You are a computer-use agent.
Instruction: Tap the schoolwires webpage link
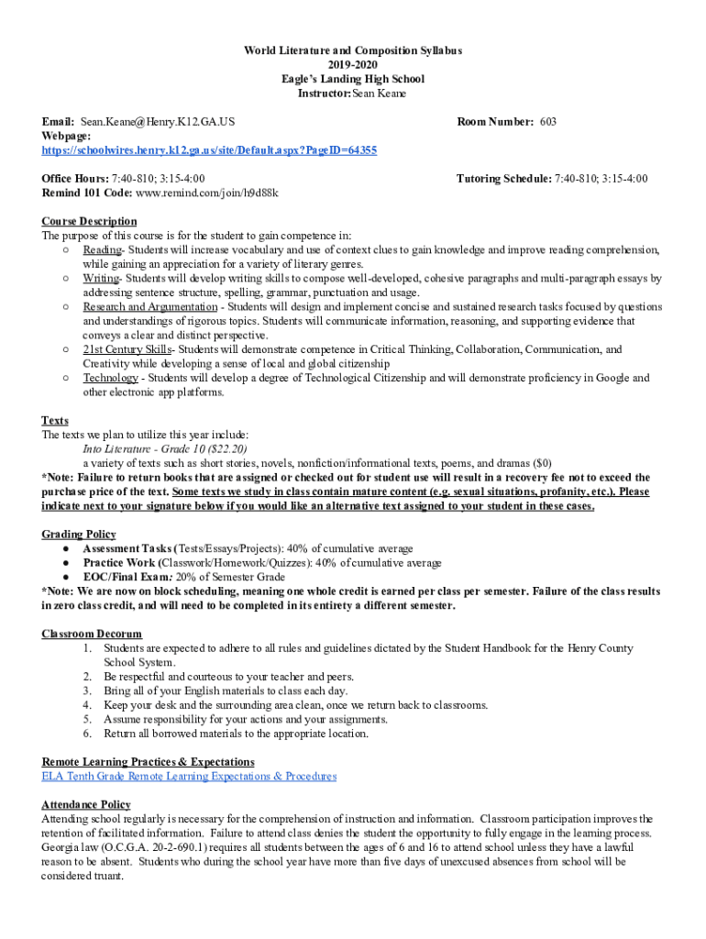point(209,149)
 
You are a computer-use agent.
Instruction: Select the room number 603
point(548,121)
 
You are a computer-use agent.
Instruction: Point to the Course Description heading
point(89,221)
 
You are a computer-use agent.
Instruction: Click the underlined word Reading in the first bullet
point(103,249)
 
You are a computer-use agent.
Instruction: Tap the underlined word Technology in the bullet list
point(111,378)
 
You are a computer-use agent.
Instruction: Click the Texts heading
point(55,421)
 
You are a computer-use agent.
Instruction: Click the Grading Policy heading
point(79,535)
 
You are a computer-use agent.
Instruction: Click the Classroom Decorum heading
point(92,634)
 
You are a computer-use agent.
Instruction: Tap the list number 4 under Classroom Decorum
point(87,705)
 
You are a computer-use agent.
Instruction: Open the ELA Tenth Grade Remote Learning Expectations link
point(189,776)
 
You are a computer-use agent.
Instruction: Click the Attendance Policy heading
point(85,804)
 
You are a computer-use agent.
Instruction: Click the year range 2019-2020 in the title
point(352,65)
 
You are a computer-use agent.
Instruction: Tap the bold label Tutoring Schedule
point(503,178)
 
